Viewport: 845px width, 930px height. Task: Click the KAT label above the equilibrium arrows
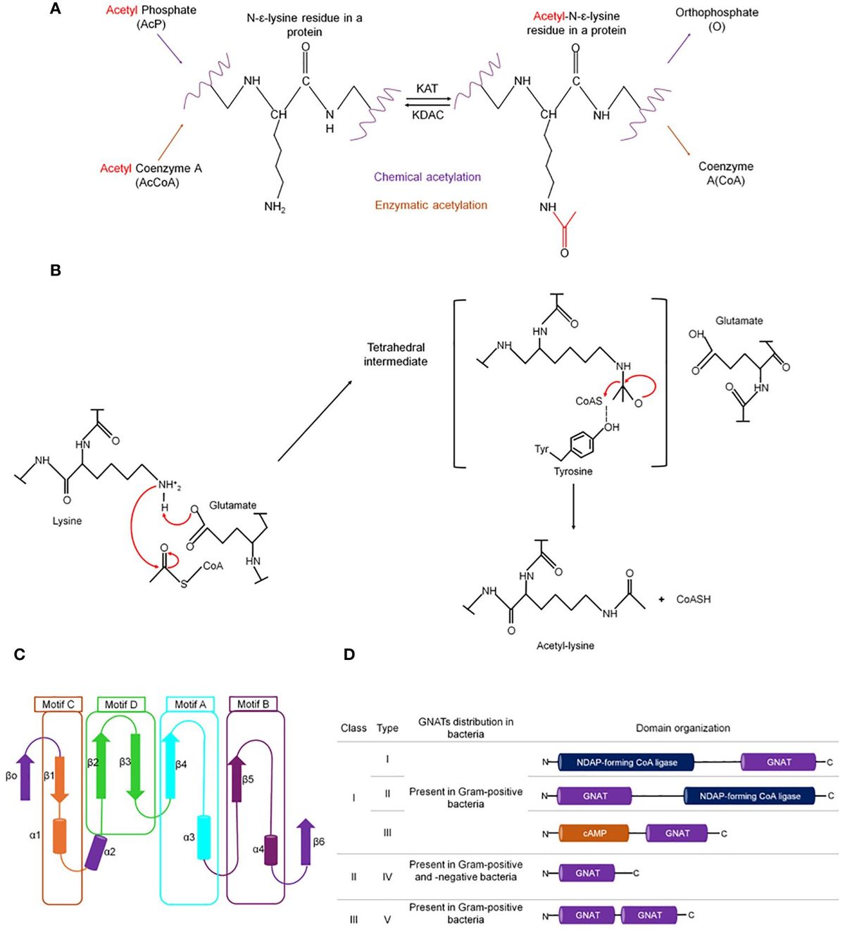coord(427,89)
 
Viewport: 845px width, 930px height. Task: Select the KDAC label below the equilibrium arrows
coord(427,115)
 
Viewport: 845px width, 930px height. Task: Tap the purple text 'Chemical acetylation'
coord(427,177)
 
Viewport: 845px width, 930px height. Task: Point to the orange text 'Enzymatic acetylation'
coord(430,205)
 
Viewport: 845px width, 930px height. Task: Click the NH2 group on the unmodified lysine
coord(275,207)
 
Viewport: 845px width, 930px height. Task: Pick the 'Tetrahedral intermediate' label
coord(395,355)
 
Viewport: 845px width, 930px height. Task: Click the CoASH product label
coord(693,599)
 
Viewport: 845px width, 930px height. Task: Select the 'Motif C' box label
coord(58,704)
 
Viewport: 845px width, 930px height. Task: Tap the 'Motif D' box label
coord(121,704)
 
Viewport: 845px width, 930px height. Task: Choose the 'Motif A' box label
coord(190,704)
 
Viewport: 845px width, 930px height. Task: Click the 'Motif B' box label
coord(253,704)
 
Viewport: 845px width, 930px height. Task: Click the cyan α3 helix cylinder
coord(204,837)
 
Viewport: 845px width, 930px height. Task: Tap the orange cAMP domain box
coord(594,834)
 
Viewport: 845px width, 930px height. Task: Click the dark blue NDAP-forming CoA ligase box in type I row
coord(626,763)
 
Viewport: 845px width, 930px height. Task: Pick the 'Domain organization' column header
coord(682,728)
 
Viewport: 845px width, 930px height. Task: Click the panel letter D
coord(349,655)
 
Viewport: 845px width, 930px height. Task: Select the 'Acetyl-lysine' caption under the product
coord(565,646)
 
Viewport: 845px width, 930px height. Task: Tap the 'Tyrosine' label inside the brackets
coord(572,471)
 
